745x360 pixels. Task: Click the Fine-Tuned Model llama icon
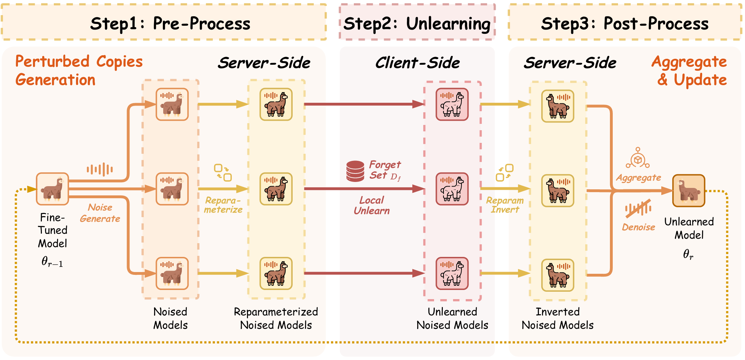[x=52, y=189]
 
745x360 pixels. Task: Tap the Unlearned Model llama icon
[x=689, y=190]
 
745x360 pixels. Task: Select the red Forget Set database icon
[x=355, y=171]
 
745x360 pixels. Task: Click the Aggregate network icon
[x=638, y=158]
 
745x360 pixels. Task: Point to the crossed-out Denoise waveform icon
[x=638, y=208]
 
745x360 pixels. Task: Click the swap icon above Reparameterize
[x=223, y=172]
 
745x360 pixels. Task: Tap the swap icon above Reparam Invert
[x=505, y=172]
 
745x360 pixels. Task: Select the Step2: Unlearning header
[x=417, y=23]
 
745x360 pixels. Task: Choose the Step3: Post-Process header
[x=625, y=23]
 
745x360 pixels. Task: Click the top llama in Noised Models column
[x=172, y=104]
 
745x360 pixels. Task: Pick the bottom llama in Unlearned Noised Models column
[x=452, y=273]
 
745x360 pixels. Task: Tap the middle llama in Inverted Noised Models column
[x=558, y=190]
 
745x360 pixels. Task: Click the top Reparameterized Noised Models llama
[x=276, y=104]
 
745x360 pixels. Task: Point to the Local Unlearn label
[x=372, y=205]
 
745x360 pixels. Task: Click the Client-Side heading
[x=418, y=63]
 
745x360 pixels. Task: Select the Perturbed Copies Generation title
[x=79, y=70]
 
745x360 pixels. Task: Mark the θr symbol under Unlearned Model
[x=688, y=254]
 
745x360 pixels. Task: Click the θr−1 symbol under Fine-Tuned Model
[x=52, y=261]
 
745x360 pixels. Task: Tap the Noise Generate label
[x=100, y=213]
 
